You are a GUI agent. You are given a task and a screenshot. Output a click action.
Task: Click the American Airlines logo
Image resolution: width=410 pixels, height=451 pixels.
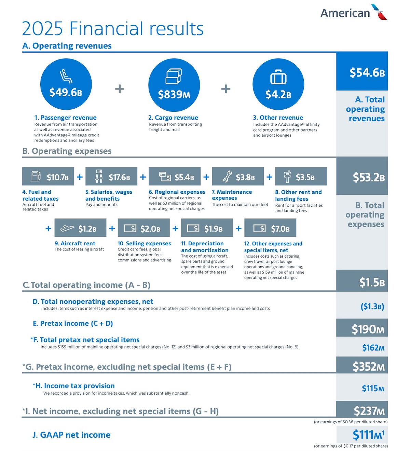coord(354,13)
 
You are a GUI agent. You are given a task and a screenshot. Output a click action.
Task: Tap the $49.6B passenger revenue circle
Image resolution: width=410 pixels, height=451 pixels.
coord(66,84)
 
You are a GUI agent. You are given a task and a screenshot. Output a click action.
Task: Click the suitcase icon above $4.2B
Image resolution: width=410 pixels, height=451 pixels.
coord(278,77)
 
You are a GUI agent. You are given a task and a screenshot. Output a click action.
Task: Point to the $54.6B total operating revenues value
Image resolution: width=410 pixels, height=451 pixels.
coord(367,72)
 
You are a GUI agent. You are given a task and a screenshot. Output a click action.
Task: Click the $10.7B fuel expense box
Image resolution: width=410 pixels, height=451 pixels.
coord(48,177)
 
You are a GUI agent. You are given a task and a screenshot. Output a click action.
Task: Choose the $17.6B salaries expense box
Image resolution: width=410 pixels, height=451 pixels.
coord(111,177)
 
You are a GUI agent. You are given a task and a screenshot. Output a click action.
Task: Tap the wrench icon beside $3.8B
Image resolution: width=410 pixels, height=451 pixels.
coord(227,177)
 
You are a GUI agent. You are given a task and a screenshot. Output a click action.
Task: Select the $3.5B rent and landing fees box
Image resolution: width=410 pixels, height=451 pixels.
coord(301,177)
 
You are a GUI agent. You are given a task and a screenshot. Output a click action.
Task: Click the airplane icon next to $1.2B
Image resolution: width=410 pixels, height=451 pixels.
coord(67,228)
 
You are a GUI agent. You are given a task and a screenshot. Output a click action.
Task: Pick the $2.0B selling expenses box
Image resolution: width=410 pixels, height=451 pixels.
coord(143,228)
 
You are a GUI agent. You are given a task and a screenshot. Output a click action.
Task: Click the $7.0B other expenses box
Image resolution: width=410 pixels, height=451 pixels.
coord(270,228)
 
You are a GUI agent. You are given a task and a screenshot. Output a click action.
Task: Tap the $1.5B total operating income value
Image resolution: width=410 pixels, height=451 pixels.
coord(371,282)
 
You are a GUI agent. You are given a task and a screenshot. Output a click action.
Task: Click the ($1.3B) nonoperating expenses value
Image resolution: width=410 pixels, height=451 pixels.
coord(372,306)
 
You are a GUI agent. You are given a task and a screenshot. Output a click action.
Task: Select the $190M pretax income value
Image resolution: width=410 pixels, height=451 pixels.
coord(368,329)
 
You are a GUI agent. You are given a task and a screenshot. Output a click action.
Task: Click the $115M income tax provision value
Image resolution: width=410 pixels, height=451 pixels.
coord(373,388)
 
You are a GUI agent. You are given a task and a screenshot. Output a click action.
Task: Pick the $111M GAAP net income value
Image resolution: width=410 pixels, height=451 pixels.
coord(368,435)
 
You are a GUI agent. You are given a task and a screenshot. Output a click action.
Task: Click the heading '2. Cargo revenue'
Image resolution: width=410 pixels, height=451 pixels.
coord(173,118)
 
